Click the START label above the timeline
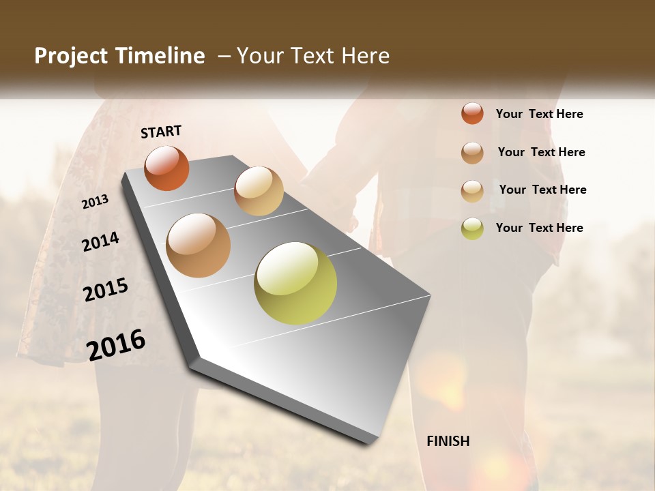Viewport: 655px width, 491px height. coord(161,132)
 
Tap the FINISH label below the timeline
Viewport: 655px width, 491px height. coord(448,441)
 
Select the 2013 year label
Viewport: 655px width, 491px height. coord(95,202)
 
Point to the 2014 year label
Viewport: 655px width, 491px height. coord(100,241)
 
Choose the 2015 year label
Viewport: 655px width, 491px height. coord(106,290)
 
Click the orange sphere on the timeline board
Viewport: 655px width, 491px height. coord(166,168)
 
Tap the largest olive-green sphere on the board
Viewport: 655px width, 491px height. coord(295,283)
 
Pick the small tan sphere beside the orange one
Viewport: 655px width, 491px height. coord(259,191)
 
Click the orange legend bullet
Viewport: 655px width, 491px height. coord(472,113)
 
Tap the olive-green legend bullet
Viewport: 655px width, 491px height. coord(472,228)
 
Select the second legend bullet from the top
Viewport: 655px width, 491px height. coord(472,152)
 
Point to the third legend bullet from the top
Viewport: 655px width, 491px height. coord(472,190)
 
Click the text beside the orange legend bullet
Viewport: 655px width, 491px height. coord(539,114)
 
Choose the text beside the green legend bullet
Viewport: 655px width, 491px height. coord(539,228)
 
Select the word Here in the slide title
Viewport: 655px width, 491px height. coord(365,56)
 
